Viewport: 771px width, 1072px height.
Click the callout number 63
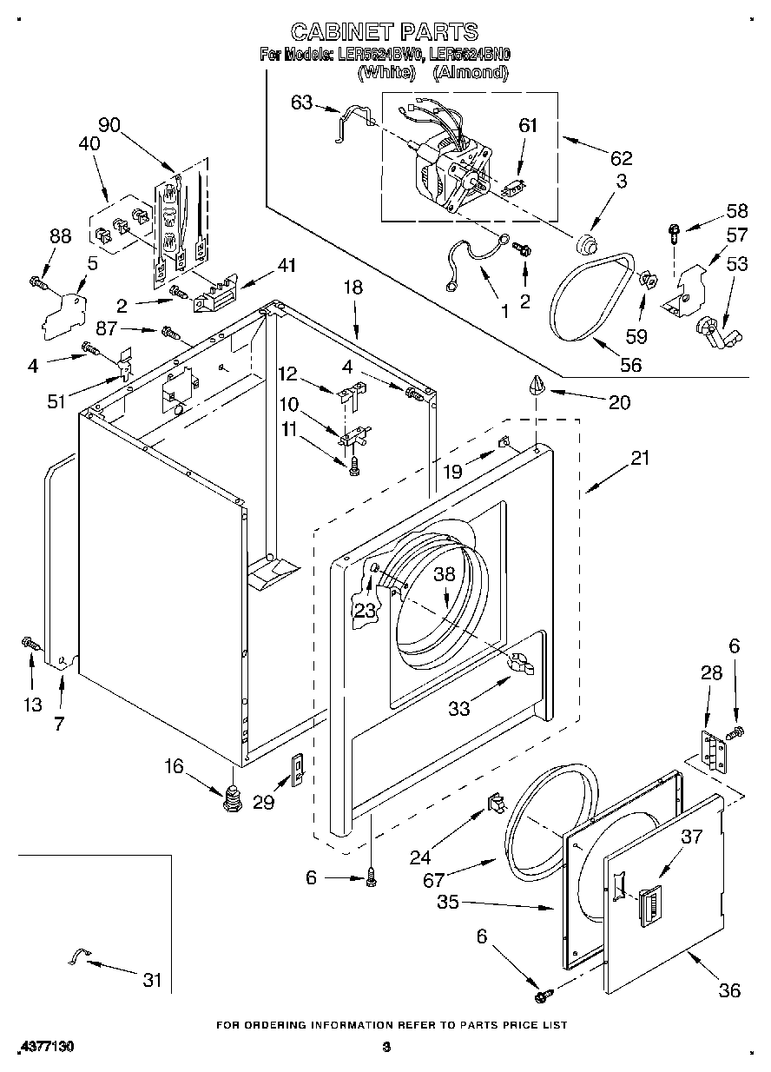(x=301, y=103)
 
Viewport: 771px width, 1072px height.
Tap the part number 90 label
(x=109, y=125)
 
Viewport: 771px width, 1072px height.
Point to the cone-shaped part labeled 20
(x=537, y=384)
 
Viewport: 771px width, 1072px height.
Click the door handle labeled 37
(x=649, y=903)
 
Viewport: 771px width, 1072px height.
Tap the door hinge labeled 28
(x=713, y=751)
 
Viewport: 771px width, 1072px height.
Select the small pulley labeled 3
(x=586, y=242)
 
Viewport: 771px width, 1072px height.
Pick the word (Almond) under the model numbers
(x=471, y=72)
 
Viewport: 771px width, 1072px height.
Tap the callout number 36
(x=729, y=990)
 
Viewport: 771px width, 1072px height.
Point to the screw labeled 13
(x=31, y=645)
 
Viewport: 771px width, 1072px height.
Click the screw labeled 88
(x=39, y=282)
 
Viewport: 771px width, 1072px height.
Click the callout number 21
(x=640, y=458)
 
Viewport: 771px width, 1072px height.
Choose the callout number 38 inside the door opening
(x=445, y=574)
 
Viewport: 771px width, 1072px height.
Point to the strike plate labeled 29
(x=298, y=770)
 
